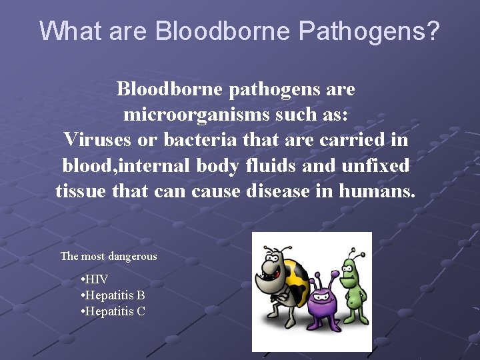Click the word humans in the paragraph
click(x=377, y=191)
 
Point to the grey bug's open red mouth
click(x=272, y=274)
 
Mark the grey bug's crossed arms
click(x=281, y=297)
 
